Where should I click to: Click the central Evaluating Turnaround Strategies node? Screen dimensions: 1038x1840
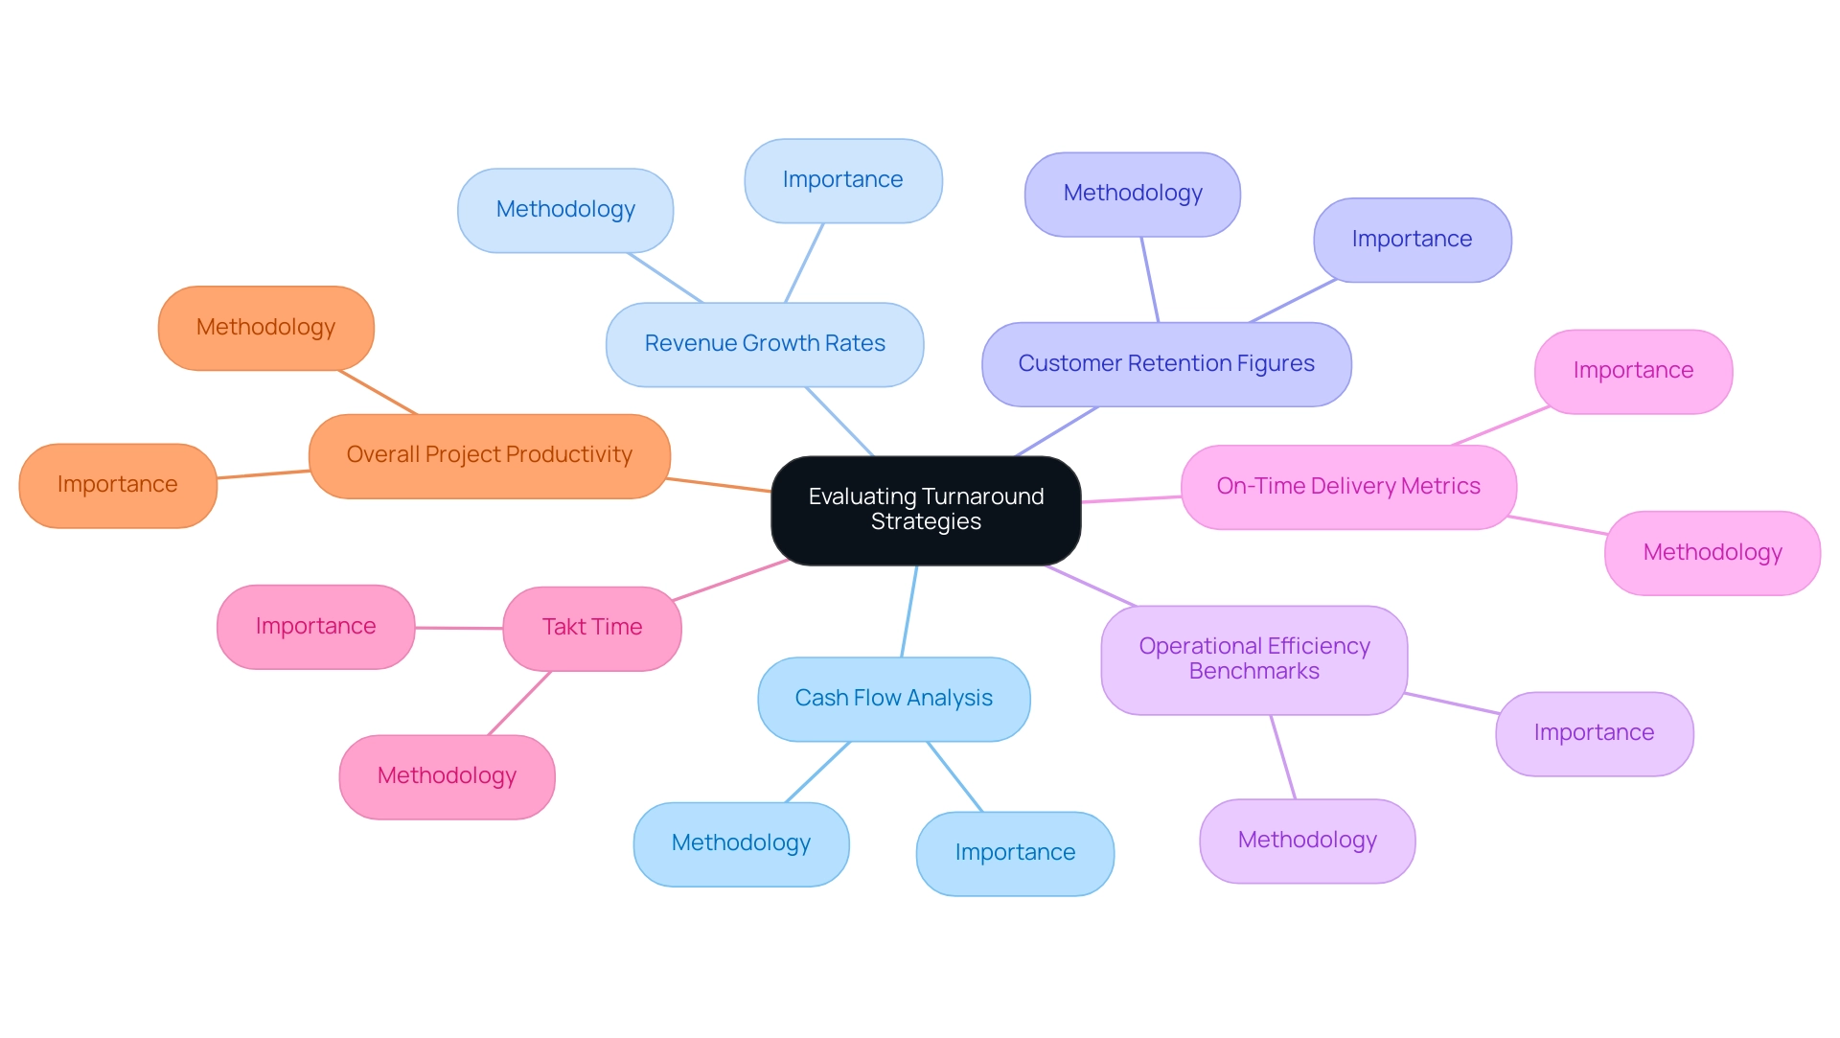pyautogui.click(x=926, y=510)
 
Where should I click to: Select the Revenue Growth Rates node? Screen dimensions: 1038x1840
pyautogui.click(x=765, y=344)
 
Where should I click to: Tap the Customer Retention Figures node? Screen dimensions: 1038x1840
pyautogui.click(x=1166, y=364)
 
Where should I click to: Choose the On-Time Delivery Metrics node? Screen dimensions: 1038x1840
pyautogui.click(x=1348, y=487)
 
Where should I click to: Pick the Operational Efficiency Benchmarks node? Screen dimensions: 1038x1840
pyautogui.click(x=1253, y=659)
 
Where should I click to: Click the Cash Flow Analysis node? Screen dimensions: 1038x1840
pyautogui.click(x=893, y=699)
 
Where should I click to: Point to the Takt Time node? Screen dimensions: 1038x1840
pyautogui.click(x=592, y=628)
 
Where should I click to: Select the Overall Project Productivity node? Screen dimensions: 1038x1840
pyautogui.click(x=489, y=455)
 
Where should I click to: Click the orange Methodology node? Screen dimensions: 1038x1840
pyautogui.click(x=265, y=328)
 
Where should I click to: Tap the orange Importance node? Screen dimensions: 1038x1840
pyautogui.click(x=117, y=485)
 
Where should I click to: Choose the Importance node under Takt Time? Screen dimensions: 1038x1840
pyautogui.click(x=315, y=627)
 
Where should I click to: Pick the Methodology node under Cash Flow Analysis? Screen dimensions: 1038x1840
pyautogui.click(x=741, y=843)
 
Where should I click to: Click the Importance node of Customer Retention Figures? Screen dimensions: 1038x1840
pyautogui.click(x=1412, y=240)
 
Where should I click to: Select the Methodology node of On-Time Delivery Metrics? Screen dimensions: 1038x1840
pyautogui.click(x=1713, y=553)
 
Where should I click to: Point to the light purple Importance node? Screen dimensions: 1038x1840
pyautogui.click(x=1594, y=733)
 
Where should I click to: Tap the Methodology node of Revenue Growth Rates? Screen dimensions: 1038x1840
pyautogui.click(x=565, y=210)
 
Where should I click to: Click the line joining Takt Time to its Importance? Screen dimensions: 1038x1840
pyautogui.click(x=459, y=628)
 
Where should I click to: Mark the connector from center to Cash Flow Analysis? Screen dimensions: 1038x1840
pyautogui.click(x=909, y=611)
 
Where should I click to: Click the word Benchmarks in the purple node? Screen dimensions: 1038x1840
pyautogui.click(x=1253, y=672)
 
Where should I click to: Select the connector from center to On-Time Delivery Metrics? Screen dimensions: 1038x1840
pyautogui.click(x=1131, y=499)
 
